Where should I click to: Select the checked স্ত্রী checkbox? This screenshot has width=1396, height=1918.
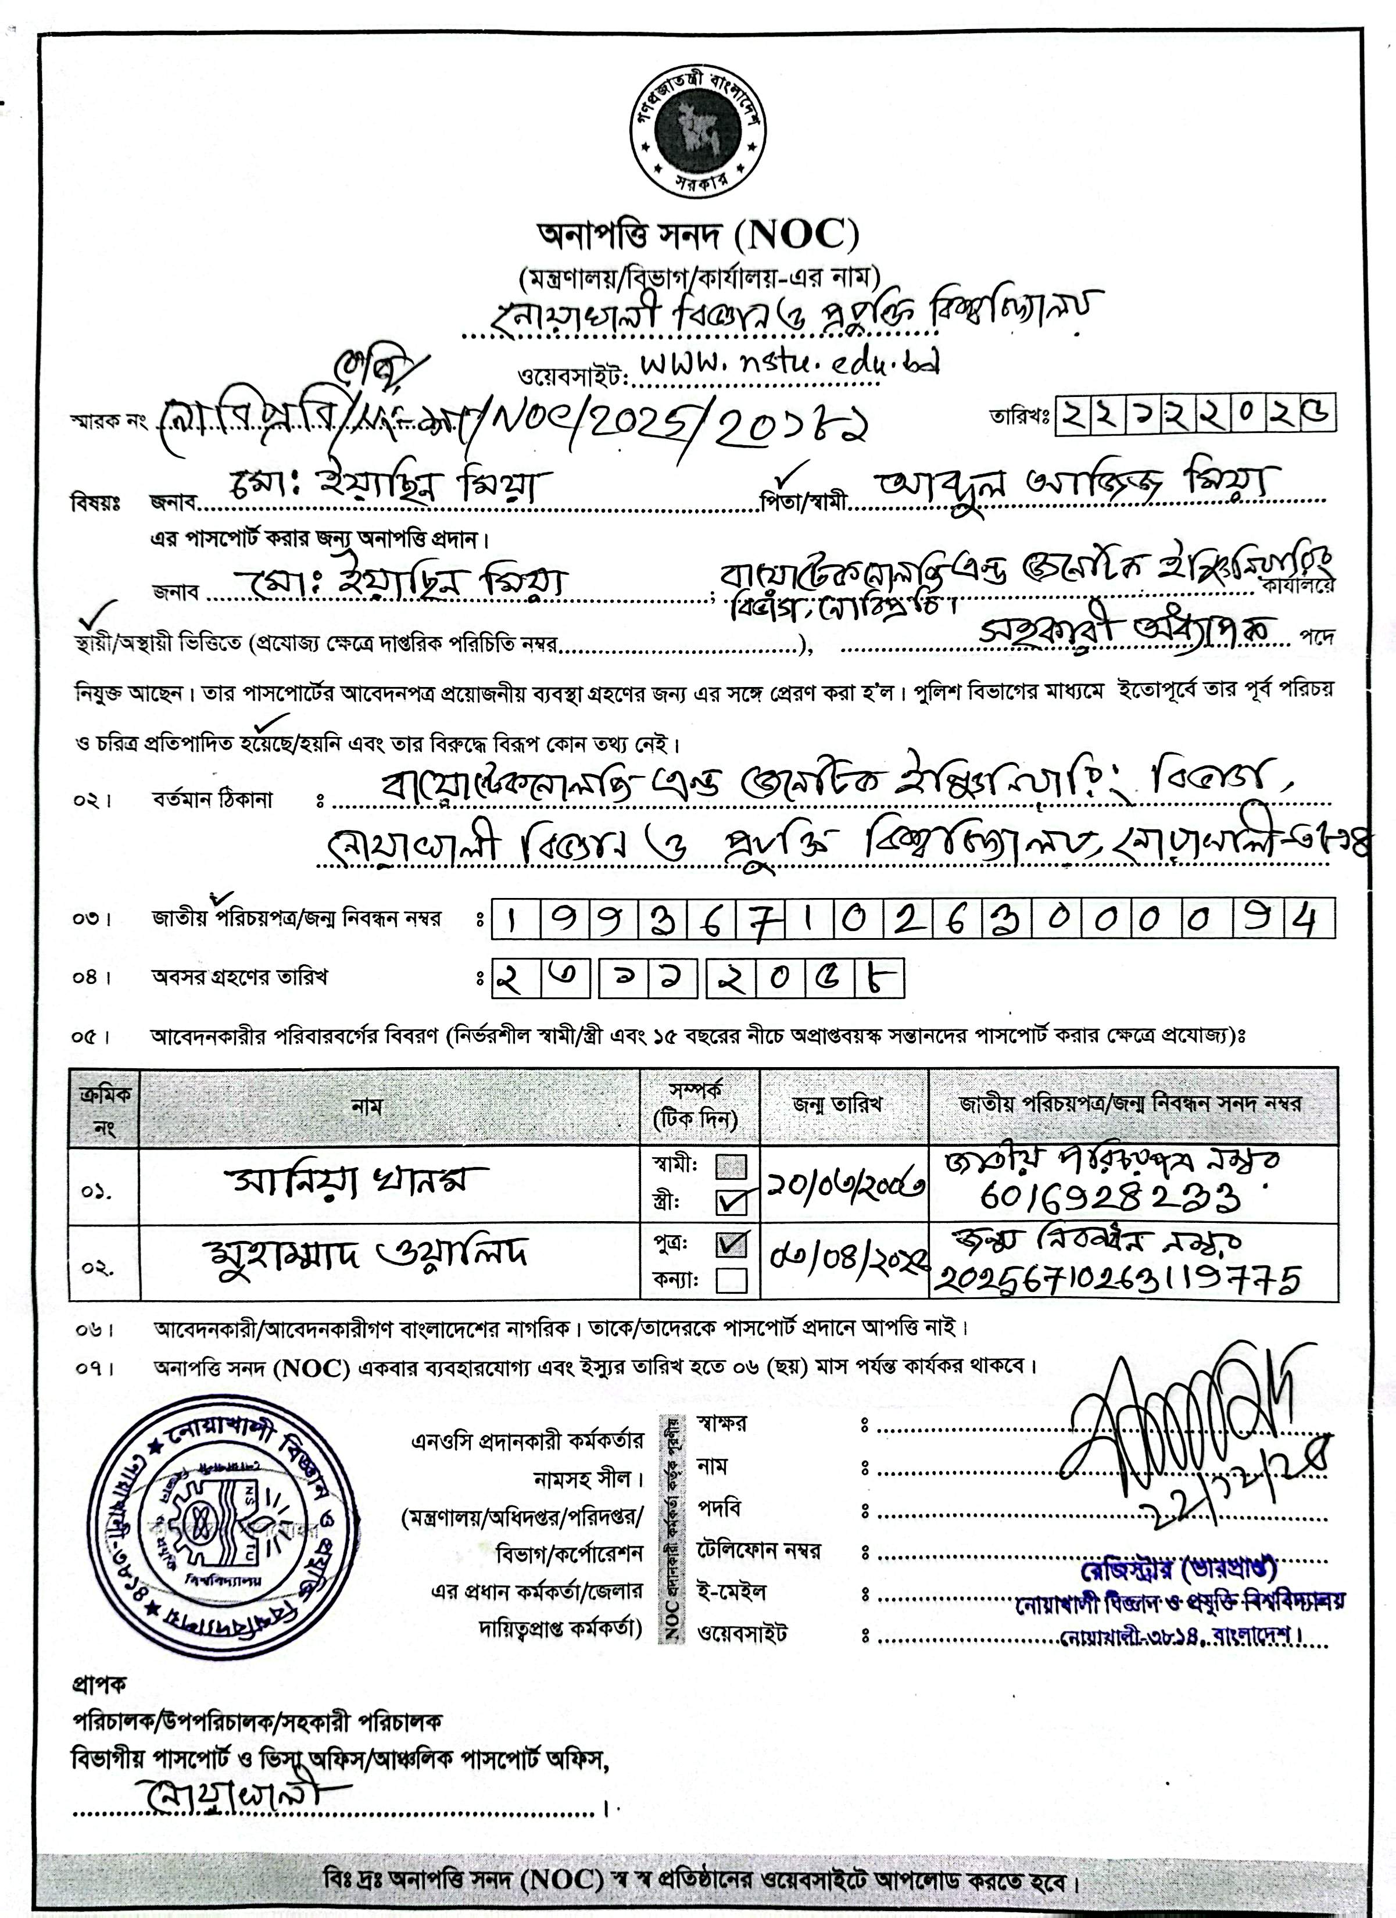(x=731, y=1201)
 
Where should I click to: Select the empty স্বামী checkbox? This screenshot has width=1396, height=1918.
(x=731, y=1167)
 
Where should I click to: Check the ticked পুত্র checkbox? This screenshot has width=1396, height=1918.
(x=731, y=1244)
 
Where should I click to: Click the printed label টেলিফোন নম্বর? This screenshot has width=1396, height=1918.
(x=758, y=1550)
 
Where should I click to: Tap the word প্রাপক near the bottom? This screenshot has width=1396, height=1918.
(x=98, y=1686)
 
